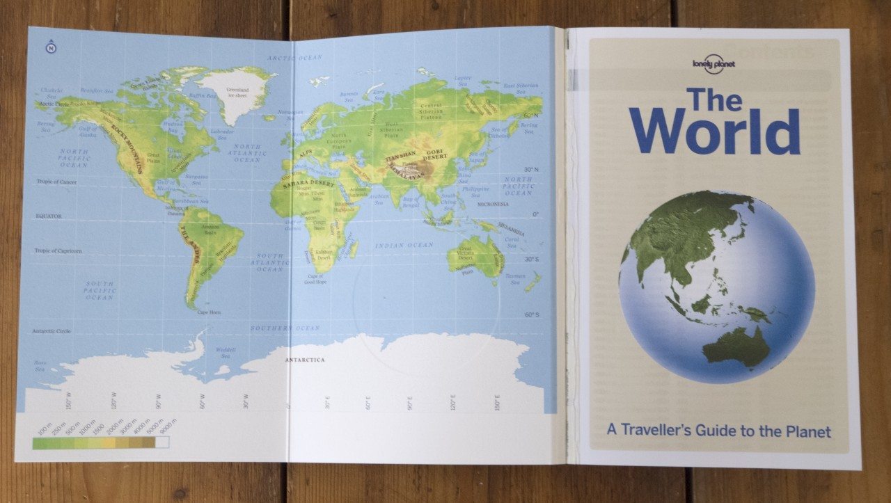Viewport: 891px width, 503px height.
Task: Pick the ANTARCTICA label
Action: coord(305,360)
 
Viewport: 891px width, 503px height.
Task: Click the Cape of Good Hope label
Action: coord(315,280)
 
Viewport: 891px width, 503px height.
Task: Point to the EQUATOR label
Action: coord(49,216)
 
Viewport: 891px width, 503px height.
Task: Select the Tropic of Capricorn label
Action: coord(58,250)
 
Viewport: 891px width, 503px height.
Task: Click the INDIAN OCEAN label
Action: coord(404,245)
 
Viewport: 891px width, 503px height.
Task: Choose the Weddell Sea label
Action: coord(224,352)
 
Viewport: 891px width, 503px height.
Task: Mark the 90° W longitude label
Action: coord(159,402)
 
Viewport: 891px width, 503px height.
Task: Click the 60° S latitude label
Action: coord(532,314)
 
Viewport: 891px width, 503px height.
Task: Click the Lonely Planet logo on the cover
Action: coord(713,65)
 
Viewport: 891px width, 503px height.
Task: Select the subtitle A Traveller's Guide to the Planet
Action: coord(718,431)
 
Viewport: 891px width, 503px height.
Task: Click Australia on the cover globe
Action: coord(737,346)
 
